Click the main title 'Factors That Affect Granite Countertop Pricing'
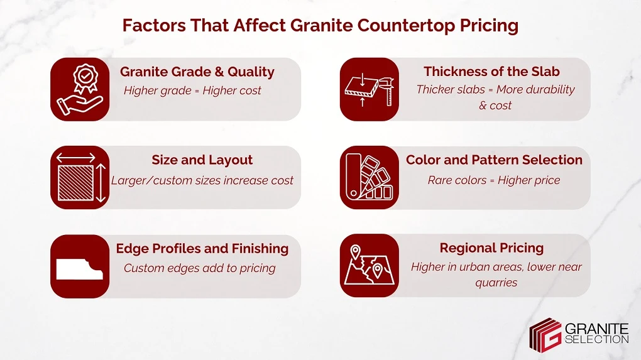320,26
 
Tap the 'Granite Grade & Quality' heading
197,72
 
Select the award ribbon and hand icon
80,89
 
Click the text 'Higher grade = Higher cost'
192,90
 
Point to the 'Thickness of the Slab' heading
491,72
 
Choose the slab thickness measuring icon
369,89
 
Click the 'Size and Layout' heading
202,160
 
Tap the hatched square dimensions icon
80,178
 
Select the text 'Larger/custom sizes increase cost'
202,180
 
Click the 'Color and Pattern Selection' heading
494,160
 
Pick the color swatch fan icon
369,178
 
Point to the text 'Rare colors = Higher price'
493,180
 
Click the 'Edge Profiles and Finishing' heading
202,249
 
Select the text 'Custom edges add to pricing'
200,268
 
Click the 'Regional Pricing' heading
491,248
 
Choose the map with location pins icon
369,266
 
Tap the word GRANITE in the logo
598,329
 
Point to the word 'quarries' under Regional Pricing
496,283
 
